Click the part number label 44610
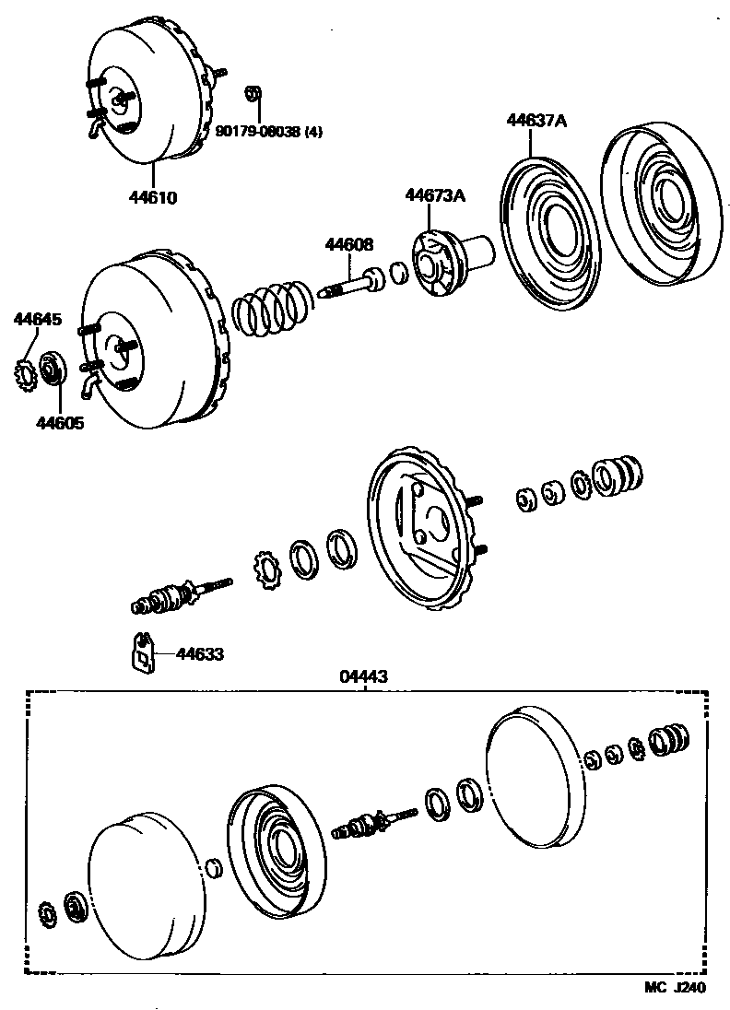(x=154, y=197)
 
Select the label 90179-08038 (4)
(x=269, y=131)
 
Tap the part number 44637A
(x=535, y=120)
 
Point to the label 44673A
(x=434, y=195)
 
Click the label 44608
(x=348, y=244)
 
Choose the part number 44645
(x=37, y=320)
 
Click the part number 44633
(x=199, y=654)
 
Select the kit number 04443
(x=365, y=676)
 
